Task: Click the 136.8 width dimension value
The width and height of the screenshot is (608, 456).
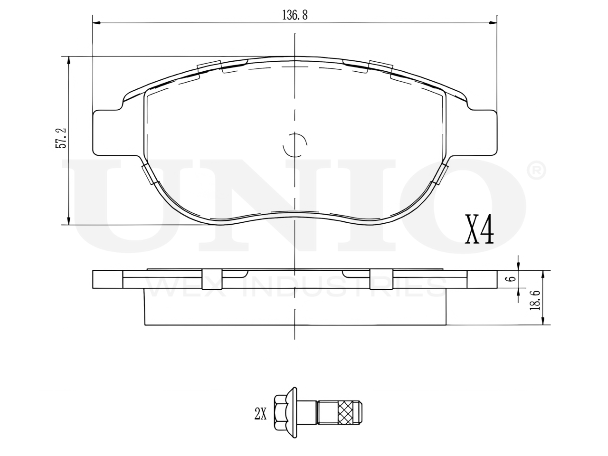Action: click(294, 15)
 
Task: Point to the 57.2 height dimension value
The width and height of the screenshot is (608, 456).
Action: click(61, 138)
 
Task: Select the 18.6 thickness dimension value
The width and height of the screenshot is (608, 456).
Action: click(534, 300)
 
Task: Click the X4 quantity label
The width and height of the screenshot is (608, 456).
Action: click(479, 229)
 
